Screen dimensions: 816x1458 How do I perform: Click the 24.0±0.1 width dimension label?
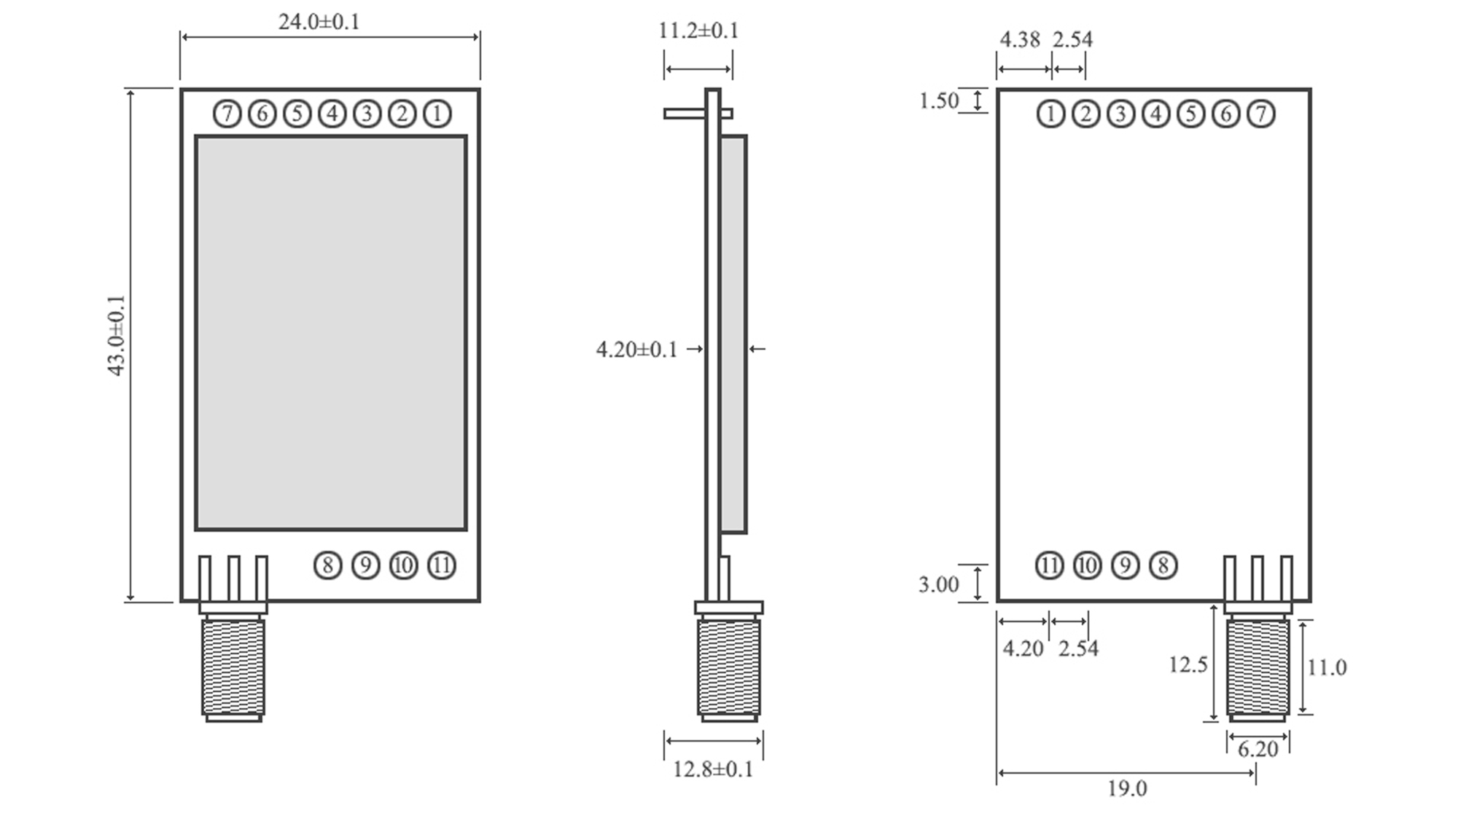pyautogui.click(x=319, y=22)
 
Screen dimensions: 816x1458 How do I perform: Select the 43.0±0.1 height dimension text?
pyautogui.click(x=117, y=335)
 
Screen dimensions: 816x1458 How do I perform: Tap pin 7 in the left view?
pyautogui.click(x=227, y=114)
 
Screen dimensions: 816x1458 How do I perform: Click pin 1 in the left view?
pyautogui.click(x=437, y=114)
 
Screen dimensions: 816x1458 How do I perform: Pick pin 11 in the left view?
pyautogui.click(x=442, y=565)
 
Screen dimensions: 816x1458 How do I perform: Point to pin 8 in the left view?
pyautogui.click(x=328, y=565)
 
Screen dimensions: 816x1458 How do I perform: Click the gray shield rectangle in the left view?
pyautogui.click(x=331, y=332)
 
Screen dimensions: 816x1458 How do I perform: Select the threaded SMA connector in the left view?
pyautogui.click(x=233, y=667)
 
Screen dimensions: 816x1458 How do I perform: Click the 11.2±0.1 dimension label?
pyautogui.click(x=698, y=31)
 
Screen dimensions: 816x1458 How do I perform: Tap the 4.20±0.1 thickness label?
pyautogui.click(x=636, y=350)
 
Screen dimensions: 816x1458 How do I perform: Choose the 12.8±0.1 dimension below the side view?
pyautogui.click(x=712, y=769)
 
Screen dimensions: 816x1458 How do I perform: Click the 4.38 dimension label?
pyautogui.click(x=1019, y=39)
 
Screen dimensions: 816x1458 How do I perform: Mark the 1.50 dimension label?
pyautogui.click(x=939, y=101)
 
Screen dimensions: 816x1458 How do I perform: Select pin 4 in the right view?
pyautogui.click(x=1156, y=114)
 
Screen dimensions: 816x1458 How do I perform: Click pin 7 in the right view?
pyautogui.click(x=1261, y=114)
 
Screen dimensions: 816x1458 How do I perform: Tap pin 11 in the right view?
pyautogui.click(x=1050, y=565)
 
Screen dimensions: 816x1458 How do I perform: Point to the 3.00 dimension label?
pyautogui.click(x=938, y=584)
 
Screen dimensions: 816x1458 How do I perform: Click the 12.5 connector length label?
pyautogui.click(x=1188, y=664)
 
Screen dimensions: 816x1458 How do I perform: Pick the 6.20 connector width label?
pyautogui.click(x=1258, y=749)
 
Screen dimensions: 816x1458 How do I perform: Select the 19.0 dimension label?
pyautogui.click(x=1127, y=788)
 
